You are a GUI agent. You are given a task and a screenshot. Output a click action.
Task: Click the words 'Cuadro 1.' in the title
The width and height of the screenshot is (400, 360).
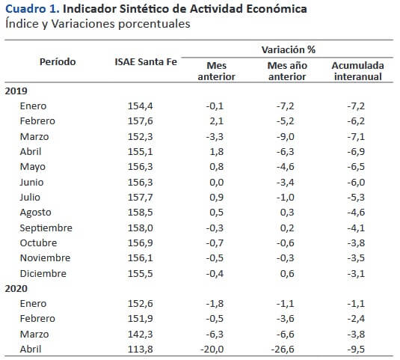[32, 9]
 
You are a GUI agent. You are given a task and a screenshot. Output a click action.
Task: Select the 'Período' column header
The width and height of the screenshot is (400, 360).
[58, 62]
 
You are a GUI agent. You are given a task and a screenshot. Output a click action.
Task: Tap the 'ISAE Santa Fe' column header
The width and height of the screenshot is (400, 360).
[146, 62]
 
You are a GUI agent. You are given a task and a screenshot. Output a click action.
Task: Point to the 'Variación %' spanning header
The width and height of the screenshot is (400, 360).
[289, 49]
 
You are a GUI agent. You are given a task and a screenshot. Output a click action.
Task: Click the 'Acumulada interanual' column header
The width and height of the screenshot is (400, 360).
[358, 71]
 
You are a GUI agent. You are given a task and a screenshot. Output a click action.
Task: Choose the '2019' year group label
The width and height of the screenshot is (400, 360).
[16, 91]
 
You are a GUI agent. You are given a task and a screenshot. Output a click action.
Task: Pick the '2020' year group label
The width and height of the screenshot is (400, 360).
[16, 288]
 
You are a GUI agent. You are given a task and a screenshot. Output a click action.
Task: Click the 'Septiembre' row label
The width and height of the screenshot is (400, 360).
[46, 228]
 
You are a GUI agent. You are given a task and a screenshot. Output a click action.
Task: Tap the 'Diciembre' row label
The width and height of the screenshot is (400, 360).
[43, 273]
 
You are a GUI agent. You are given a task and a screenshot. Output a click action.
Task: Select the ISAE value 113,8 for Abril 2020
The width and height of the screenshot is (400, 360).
[141, 349]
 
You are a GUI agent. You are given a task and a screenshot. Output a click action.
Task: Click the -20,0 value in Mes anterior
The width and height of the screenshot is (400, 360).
[212, 349]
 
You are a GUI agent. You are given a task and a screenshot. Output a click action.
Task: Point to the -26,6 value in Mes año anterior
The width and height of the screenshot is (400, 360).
[283, 349]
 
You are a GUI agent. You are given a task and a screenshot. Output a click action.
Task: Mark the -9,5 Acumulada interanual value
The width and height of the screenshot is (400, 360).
[356, 349]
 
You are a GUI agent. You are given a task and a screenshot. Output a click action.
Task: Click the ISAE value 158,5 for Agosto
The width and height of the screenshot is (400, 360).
[141, 213]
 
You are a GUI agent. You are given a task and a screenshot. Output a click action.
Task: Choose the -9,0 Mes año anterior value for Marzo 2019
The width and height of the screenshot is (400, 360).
[286, 137]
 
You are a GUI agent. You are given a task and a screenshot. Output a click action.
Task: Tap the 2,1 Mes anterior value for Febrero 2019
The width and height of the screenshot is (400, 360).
[217, 121]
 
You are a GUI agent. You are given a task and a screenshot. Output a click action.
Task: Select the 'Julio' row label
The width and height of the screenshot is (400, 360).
[30, 197]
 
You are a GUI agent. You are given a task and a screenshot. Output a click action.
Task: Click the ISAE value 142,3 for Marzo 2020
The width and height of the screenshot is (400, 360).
[141, 334]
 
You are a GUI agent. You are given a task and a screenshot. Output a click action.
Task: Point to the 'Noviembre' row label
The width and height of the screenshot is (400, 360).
[45, 258]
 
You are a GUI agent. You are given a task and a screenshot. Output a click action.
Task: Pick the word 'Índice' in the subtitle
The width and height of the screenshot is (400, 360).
[22, 24]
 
